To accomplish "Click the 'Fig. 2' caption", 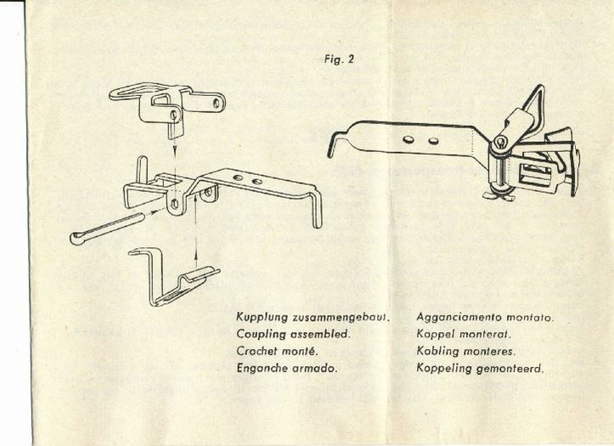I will [340, 59].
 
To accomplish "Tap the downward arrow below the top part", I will [174, 146].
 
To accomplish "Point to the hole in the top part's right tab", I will [217, 102].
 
